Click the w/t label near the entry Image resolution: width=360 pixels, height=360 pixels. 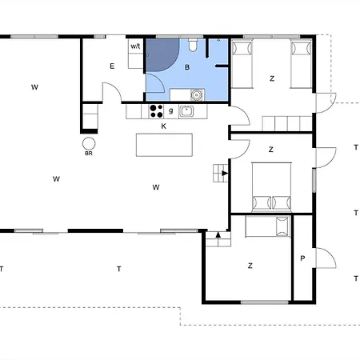pos(135,47)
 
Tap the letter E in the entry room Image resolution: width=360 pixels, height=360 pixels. pos(112,66)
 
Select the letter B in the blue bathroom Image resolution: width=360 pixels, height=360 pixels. pos(187,68)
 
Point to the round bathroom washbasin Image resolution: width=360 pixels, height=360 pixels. pos(196,94)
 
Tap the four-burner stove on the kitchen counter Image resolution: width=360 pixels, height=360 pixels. pos(157,111)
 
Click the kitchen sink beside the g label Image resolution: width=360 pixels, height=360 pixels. pos(186,111)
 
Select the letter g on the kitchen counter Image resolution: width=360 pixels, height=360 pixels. pos(171,110)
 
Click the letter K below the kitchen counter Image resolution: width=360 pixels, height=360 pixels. pos(163,126)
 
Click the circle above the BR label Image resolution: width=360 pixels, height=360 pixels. pos(88,143)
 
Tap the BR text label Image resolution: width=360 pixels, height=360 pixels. pos(88,154)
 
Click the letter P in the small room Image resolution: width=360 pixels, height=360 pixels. pos(302,258)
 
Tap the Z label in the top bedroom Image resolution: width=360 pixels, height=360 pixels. pos(272,78)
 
